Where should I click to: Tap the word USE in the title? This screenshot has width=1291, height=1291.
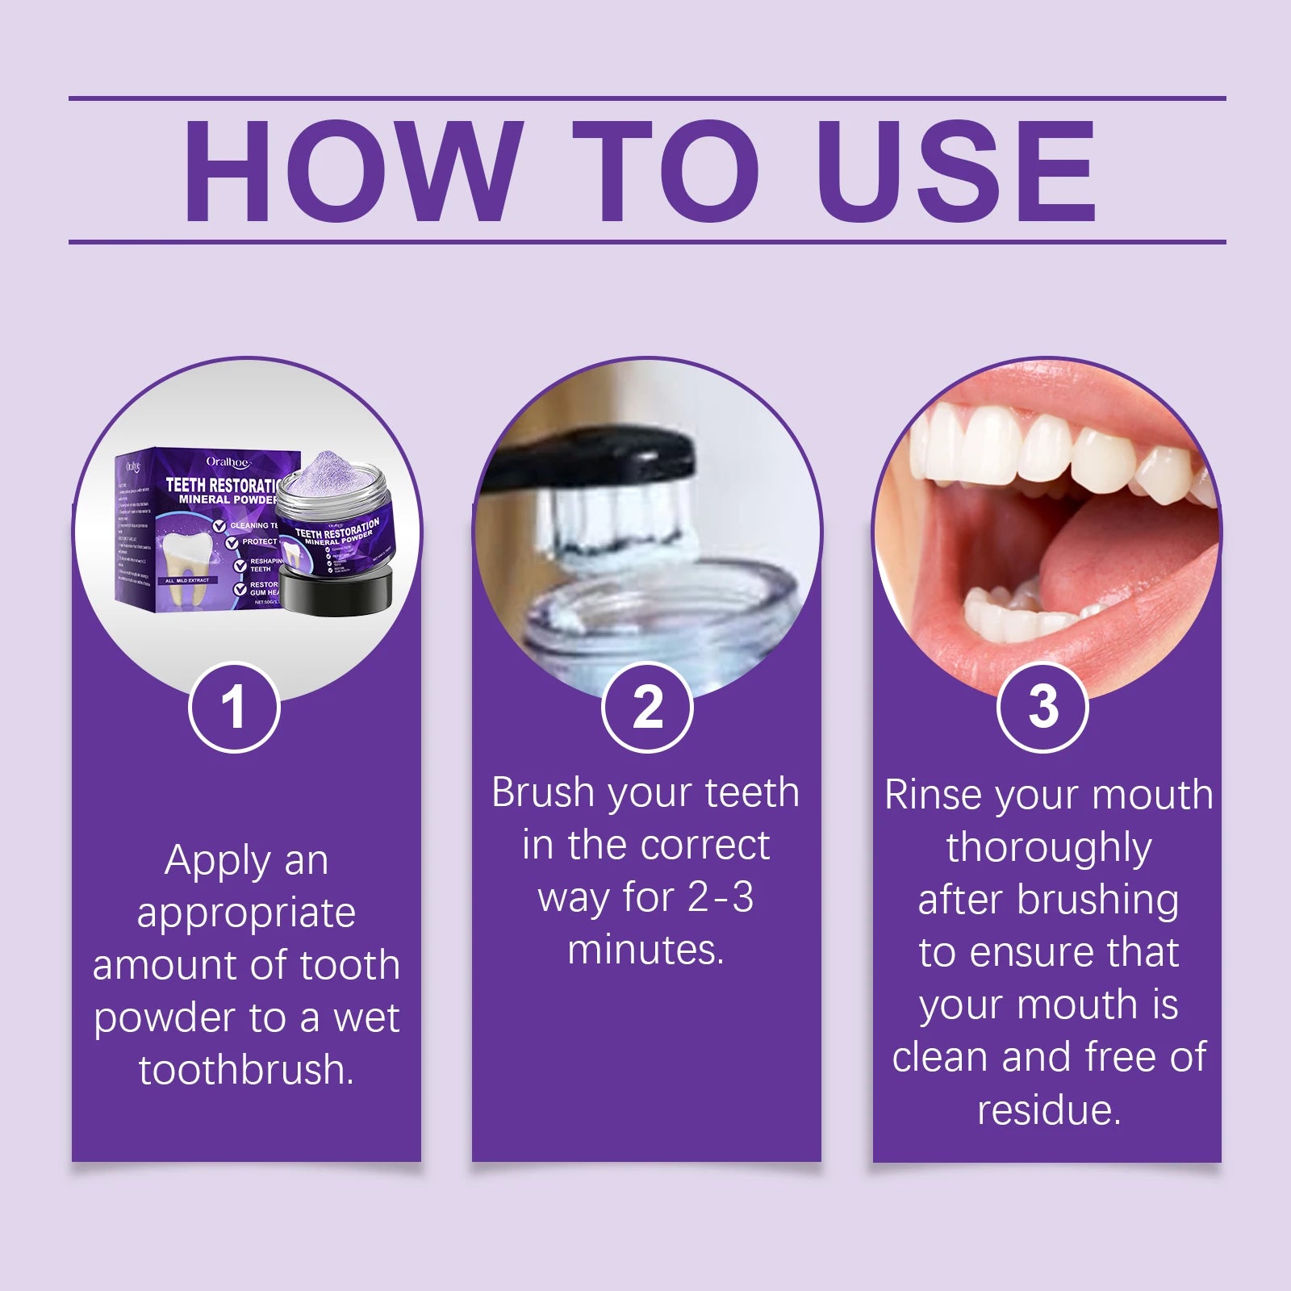click(x=955, y=171)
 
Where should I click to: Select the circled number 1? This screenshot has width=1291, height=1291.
click(x=234, y=708)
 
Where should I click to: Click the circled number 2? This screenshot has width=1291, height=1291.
click(x=647, y=708)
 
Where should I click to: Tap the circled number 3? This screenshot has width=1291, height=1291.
click(x=1042, y=708)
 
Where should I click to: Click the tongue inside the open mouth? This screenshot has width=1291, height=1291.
click(x=1130, y=565)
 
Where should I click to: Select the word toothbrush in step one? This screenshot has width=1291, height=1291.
click(x=245, y=1070)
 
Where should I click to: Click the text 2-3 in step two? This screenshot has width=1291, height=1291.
click(x=720, y=897)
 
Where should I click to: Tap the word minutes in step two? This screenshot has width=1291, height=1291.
click(x=645, y=950)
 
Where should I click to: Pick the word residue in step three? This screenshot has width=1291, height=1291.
click(x=1049, y=1109)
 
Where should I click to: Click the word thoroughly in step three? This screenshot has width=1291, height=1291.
click(x=1049, y=847)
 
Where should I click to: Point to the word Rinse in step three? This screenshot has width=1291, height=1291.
click(x=934, y=795)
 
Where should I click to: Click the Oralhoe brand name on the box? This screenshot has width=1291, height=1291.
click(x=228, y=462)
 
